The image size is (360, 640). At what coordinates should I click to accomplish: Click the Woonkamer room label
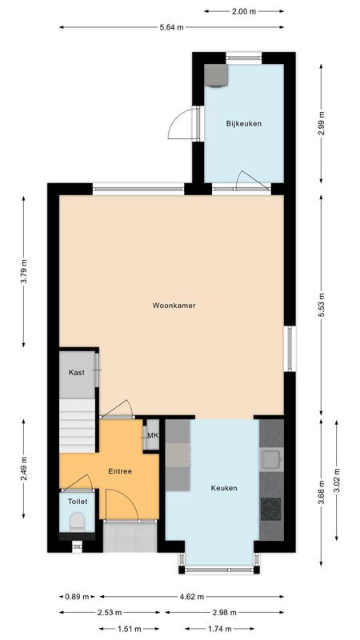[174, 305]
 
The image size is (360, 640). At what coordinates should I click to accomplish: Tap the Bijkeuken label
[244, 123]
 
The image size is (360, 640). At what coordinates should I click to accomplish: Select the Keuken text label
[224, 487]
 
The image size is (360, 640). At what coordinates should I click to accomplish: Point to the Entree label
[120, 471]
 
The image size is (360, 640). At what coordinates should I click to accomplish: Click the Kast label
[77, 373]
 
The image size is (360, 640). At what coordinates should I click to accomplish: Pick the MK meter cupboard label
[153, 435]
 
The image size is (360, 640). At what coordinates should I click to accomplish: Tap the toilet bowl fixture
[78, 522]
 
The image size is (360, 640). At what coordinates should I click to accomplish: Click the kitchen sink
[272, 459]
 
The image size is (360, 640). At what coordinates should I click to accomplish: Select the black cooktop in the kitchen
[272, 507]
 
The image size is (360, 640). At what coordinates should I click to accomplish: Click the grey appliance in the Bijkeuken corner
[216, 74]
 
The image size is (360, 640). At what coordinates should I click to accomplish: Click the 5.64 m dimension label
[171, 27]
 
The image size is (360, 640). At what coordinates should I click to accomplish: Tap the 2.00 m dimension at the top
[244, 11]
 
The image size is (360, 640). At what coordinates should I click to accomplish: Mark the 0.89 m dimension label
[78, 597]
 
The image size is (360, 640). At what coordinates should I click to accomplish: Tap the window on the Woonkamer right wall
[290, 348]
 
